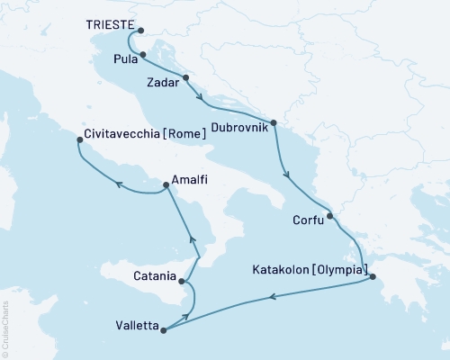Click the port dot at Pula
click(x=143, y=55)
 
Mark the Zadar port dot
click(x=185, y=77)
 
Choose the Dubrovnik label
click(x=238, y=126)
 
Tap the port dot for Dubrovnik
click(x=273, y=121)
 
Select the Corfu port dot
click(x=329, y=215)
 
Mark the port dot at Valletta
click(x=163, y=329)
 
